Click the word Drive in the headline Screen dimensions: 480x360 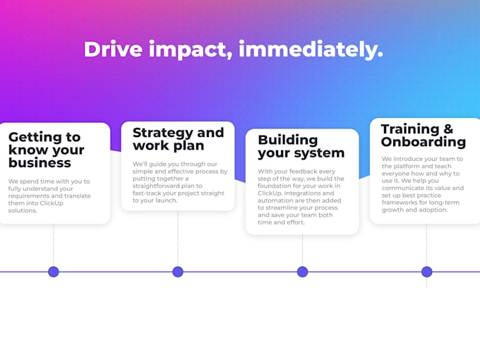(113, 49)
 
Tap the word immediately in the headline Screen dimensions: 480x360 (311, 49)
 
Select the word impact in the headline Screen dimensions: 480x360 (191, 49)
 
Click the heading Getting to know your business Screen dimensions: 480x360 (46, 150)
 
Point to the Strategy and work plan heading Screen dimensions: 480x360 (178, 139)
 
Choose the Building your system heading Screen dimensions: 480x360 (301, 146)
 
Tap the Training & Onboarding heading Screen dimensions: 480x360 (424, 136)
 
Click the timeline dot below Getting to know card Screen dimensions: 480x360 (54, 272)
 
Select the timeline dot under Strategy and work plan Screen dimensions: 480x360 (178, 272)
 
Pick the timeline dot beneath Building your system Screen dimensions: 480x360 (302, 272)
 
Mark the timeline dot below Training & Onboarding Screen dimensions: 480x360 (427, 272)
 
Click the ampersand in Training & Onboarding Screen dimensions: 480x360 (448, 129)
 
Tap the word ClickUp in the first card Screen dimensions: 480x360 (49, 203)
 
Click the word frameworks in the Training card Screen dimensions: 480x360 (400, 203)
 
